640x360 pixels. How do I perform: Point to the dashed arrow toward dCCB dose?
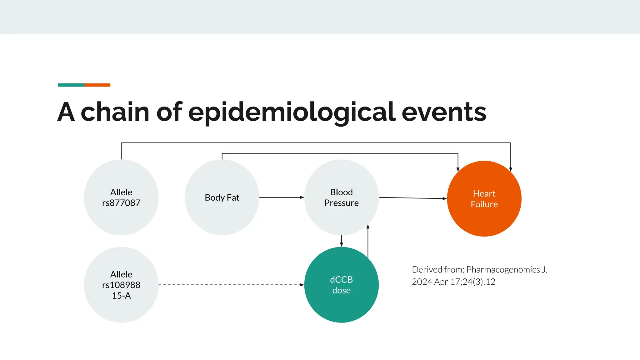pyautogui.click(x=231, y=285)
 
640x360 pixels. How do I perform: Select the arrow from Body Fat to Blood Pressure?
pyautogui.click(x=281, y=197)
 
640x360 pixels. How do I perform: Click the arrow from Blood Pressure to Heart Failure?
pyautogui.click(x=412, y=198)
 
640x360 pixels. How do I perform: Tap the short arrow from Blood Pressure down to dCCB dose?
pyautogui.click(x=341, y=241)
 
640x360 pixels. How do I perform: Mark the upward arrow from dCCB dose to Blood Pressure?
pyautogui.click(x=368, y=241)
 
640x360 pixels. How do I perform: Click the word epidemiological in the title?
pyautogui.click(x=292, y=112)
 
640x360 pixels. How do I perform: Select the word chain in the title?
pyautogui.click(x=115, y=112)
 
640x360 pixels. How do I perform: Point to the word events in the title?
pyautogui.click(x=444, y=112)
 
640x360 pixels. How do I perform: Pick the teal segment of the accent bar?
pyautogui.click(x=71, y=85)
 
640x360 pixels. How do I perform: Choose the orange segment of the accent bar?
pyautogui.click(x=97, y=85)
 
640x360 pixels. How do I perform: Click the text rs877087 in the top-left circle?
pyautogui.click(x=121, y=203)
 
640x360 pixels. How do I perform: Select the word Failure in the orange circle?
pyautogui.click(x=484, y=204)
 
